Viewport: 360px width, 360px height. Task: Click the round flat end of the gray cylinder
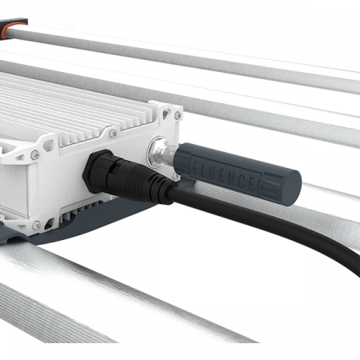coord(290,188)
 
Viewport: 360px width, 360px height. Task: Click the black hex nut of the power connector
coord(96,170)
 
